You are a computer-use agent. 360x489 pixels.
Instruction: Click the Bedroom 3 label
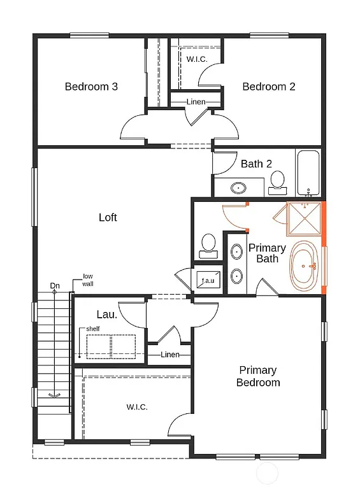91,87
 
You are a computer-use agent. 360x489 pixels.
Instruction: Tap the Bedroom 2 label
268,87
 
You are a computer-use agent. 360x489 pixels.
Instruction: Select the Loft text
108,218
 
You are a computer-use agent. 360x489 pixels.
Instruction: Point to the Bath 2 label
256,164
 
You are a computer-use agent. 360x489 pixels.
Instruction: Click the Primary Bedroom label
258,376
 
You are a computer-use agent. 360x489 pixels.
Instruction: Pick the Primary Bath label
267,253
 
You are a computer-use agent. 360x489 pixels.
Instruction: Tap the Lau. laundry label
106,314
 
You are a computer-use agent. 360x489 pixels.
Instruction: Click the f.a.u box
208,280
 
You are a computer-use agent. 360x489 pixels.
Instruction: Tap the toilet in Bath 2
277,182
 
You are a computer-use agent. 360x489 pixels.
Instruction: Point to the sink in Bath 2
238,188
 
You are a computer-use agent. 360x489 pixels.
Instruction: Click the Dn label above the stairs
55,286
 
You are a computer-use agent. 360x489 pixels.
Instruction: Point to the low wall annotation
87,280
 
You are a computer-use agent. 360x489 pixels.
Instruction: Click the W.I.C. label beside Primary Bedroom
137,407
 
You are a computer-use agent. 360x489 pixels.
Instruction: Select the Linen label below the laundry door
170,355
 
